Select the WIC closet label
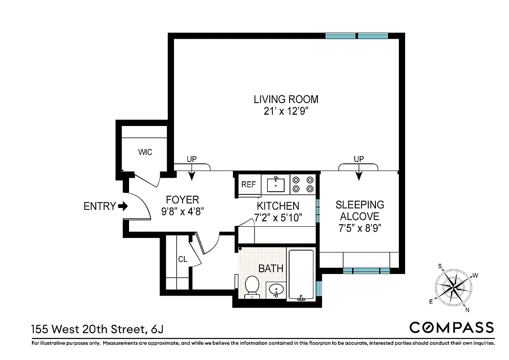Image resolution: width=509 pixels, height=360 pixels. (145, 152)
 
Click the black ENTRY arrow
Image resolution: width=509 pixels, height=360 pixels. (123, 206)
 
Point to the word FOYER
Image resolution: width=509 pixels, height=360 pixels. (182, 200)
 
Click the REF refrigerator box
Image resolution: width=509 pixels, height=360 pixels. (249, 184)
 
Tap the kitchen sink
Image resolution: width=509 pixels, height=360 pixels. (275, 184)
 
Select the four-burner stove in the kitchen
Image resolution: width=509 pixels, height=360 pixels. (303, 184)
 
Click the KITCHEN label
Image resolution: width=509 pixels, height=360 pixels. (278, 206)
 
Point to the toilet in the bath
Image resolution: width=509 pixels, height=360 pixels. (252, 286)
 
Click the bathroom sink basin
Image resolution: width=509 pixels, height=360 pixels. (275, 290)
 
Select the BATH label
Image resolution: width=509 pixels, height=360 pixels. (271, 269)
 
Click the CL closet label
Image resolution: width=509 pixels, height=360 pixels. (183, 259)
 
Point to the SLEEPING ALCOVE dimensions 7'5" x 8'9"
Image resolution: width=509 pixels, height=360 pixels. (360, 228)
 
